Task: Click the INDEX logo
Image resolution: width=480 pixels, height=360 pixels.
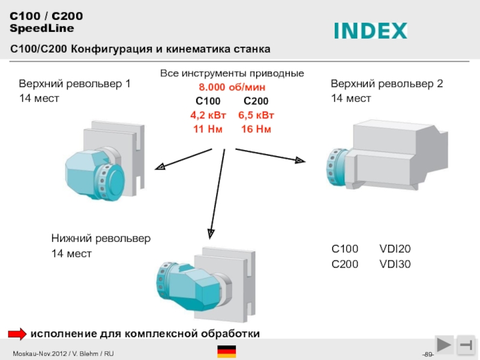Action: coord(370,31)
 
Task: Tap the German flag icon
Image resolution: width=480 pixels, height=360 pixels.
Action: coord(226,352)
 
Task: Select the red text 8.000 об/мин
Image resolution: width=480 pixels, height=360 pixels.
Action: coord(232,87)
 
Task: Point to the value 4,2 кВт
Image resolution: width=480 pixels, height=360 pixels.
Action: coord(208,115)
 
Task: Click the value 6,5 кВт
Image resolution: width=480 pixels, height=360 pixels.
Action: coord(256,115)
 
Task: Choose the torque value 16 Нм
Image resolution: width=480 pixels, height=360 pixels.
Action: coord(256,129)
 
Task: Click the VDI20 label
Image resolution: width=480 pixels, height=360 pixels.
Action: coord(395,249)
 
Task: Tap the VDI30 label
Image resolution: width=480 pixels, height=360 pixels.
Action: coord(395,264)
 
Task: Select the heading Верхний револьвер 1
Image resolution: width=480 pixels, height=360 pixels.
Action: coord(74,84)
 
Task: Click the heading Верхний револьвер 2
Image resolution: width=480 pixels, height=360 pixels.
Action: coord(387,84)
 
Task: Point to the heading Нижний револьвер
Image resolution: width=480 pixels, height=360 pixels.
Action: coord(101,238)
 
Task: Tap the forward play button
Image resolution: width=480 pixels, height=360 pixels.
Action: coord(445,344)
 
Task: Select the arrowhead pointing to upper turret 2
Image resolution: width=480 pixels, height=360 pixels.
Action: coord(300,160)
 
